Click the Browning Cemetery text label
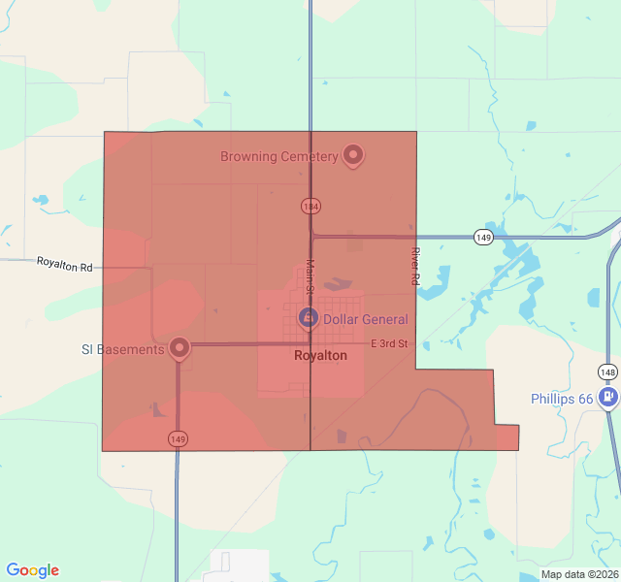coord(278,156)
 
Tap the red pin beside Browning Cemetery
coord(353,154)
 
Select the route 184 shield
coord(310,207)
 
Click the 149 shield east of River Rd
coord(482,237)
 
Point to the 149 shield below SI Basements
coord(178,439)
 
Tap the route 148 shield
coord(607,372)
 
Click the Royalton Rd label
coord(64,263)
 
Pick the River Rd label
coord(414,265)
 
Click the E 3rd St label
coord(389,343)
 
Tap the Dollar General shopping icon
coord(308,317)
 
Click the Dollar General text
coord(365,319)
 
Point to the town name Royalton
coord(320,356)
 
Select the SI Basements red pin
coord(179,347)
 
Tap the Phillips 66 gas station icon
coord(608,398)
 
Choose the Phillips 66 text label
coord(562,399)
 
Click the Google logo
coord(33,570)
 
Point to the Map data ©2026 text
coord(579,574)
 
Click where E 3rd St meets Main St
coord(310,343)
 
